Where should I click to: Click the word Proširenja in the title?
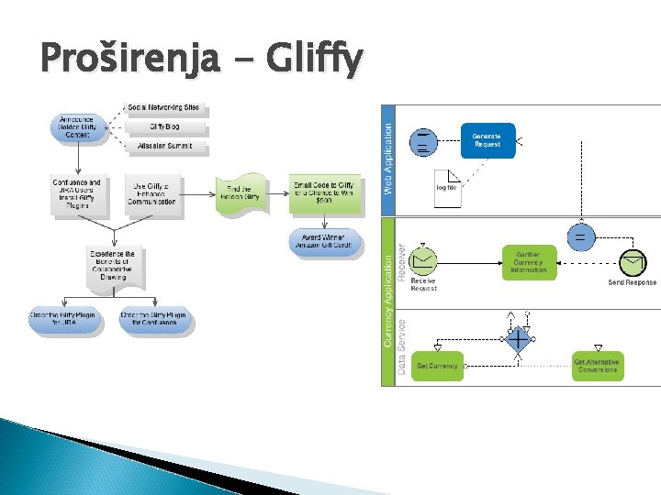(129, 60)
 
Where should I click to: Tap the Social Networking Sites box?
(164, 108)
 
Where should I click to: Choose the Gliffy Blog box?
(164, 127)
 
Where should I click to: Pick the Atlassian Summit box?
(164, 147)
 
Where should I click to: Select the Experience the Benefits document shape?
(111, 265)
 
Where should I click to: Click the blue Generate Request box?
(487, 141)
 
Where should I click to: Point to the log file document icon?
(447, 187)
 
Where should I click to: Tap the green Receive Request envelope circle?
(423, 261)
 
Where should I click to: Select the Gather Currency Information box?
(529, 262)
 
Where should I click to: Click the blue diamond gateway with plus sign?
(519, 339)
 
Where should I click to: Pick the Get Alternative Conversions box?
(598, 366)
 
